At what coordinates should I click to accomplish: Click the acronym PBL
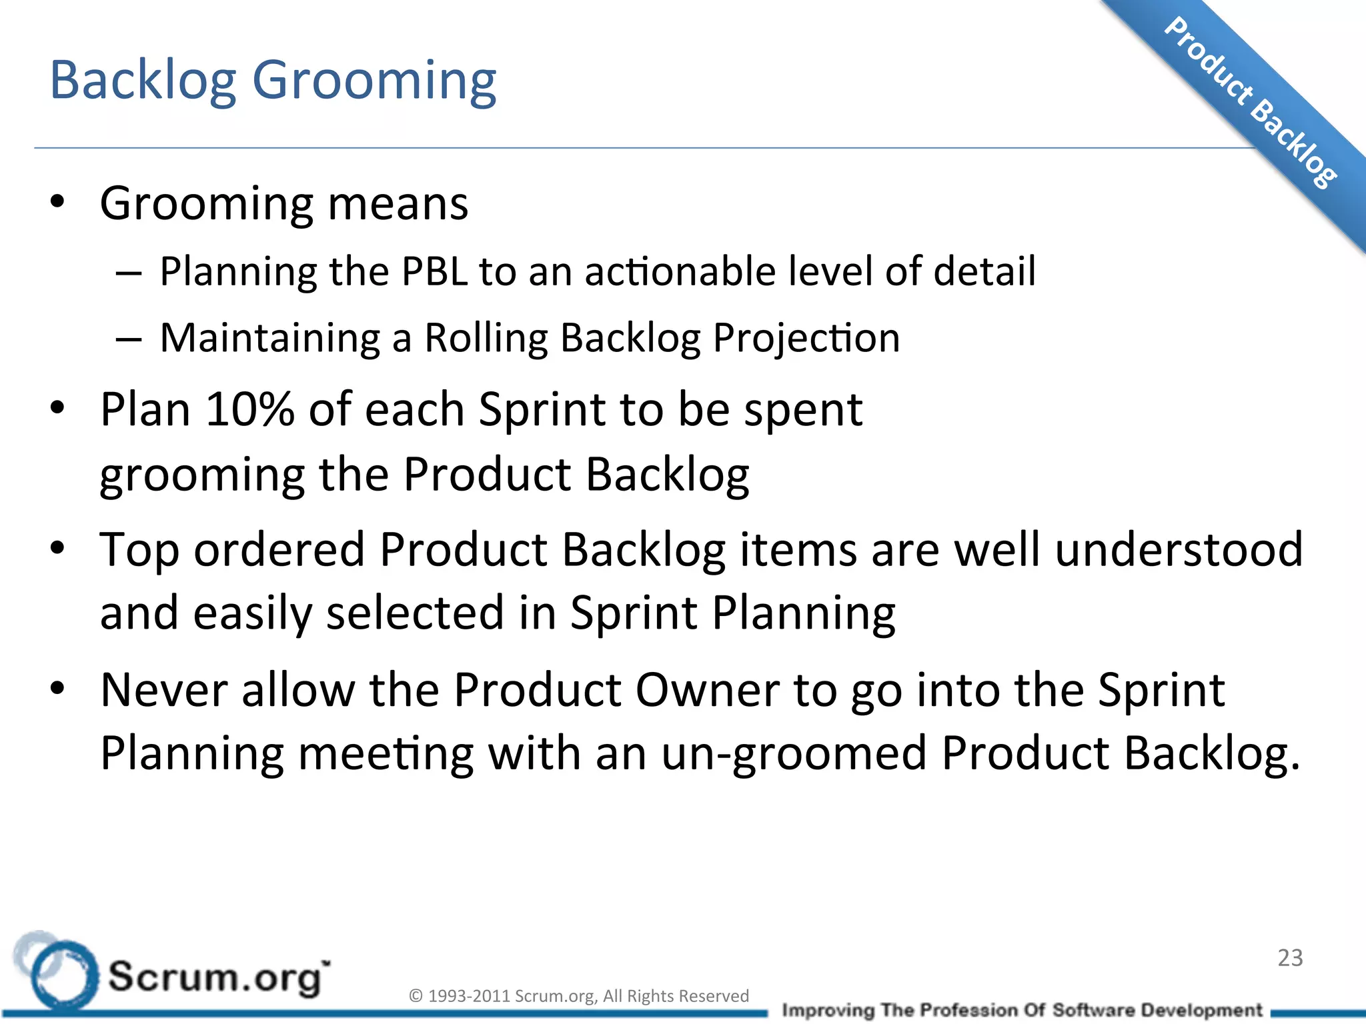[434, 271]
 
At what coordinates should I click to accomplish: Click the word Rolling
[487, 338]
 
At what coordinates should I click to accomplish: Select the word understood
[1178, 549]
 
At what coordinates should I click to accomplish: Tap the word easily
[252, 613]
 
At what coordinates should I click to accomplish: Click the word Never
[164, 689]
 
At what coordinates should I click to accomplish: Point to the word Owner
[707, 689]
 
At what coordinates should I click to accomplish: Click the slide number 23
[1290, 958]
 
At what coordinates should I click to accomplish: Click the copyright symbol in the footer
[416, 996]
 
